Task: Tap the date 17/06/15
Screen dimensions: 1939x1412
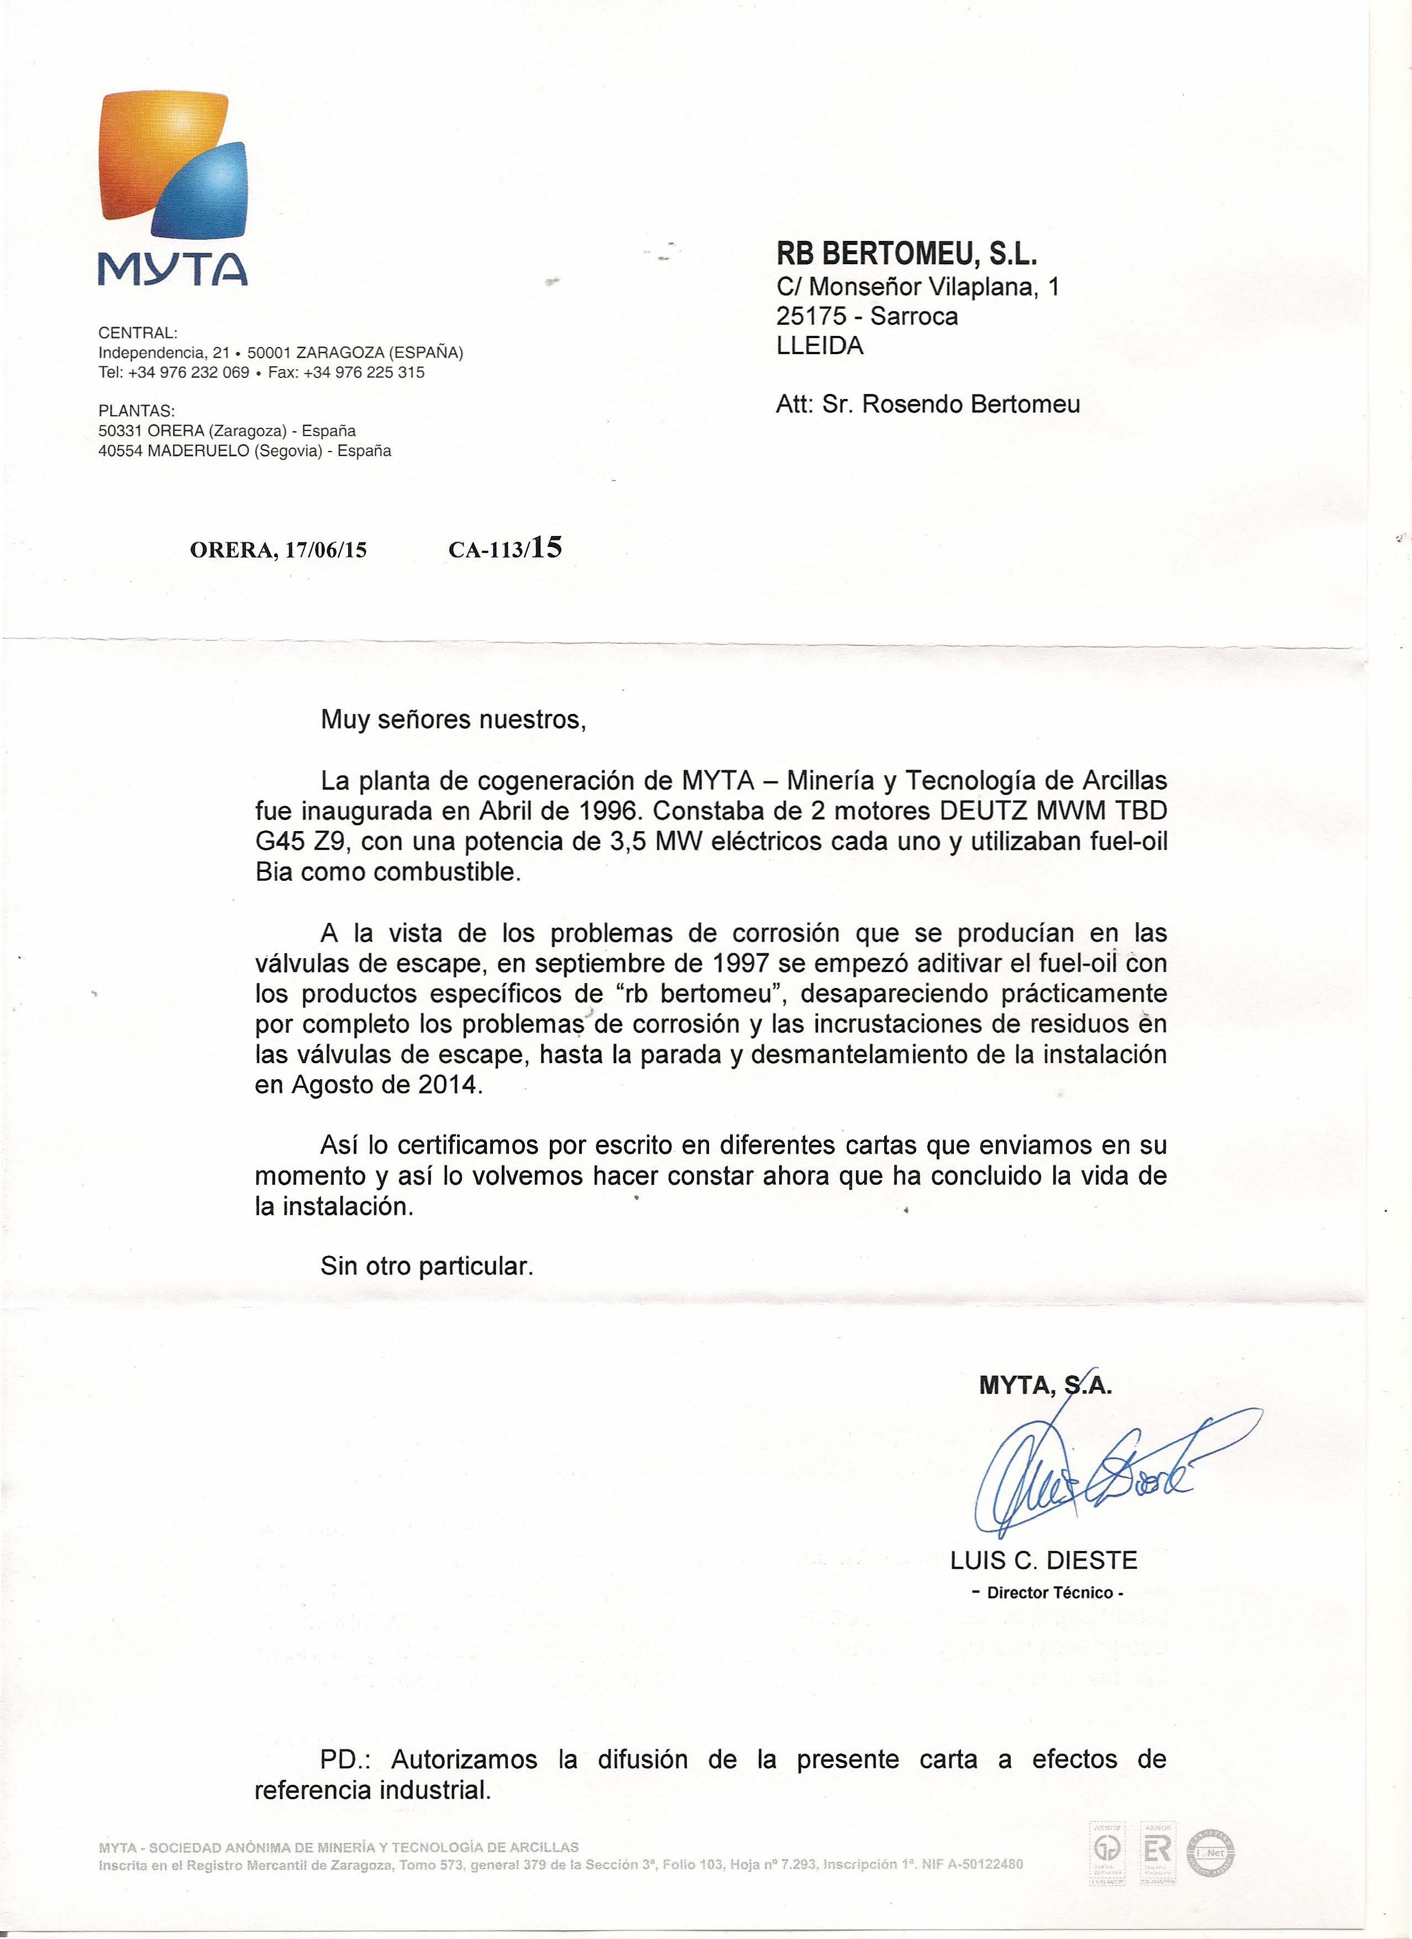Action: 326,550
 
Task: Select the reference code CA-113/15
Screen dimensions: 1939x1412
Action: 505,548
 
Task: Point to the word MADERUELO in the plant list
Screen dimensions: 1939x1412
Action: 193,450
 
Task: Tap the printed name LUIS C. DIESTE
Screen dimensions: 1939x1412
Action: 1043,1561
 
